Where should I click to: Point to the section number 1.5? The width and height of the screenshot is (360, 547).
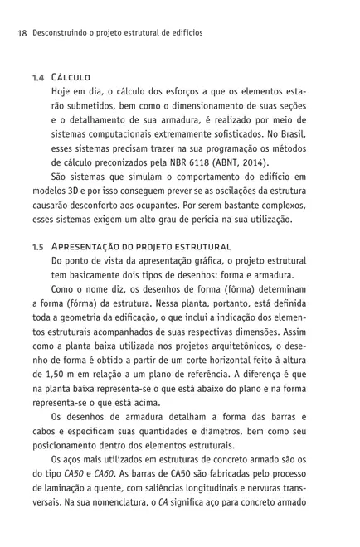point(38,247)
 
